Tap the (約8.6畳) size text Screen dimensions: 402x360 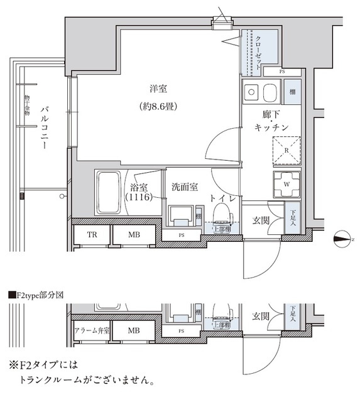click(158, 107)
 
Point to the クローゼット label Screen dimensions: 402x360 click(258, 50)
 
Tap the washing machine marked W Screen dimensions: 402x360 click(286, 184)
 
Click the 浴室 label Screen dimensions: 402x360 click(138, 187)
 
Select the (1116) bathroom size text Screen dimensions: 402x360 click(138, 198)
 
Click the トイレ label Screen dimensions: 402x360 click(223, 198)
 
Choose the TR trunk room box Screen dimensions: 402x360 click(90, 235)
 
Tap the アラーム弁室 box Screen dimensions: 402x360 click(92, 330)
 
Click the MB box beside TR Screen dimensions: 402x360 click(134, 235)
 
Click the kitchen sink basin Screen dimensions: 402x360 click(268, 94)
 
